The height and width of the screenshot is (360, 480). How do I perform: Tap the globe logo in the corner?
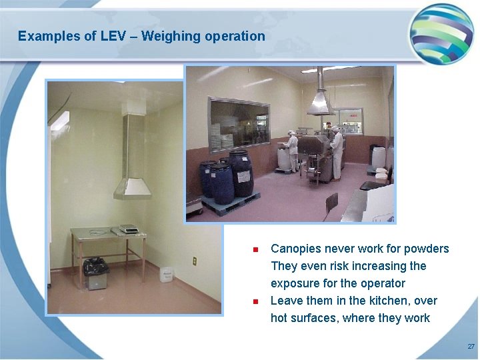(x=441, y=33)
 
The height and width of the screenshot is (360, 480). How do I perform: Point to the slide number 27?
(x=471, y=347)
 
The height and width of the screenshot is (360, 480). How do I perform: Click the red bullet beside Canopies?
(x=255, y=250)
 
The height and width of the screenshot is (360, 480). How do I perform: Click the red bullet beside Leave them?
(x=255, y=302)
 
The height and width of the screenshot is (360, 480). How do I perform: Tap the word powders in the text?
(x=427, y=249)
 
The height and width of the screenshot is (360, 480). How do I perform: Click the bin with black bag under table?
(x=96, y=273)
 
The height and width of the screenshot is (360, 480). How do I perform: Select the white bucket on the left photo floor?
(x=166, y=275)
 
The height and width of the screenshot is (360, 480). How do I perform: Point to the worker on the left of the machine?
(x=293, y=151)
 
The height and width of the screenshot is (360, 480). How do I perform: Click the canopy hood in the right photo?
(x=321, y=100)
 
